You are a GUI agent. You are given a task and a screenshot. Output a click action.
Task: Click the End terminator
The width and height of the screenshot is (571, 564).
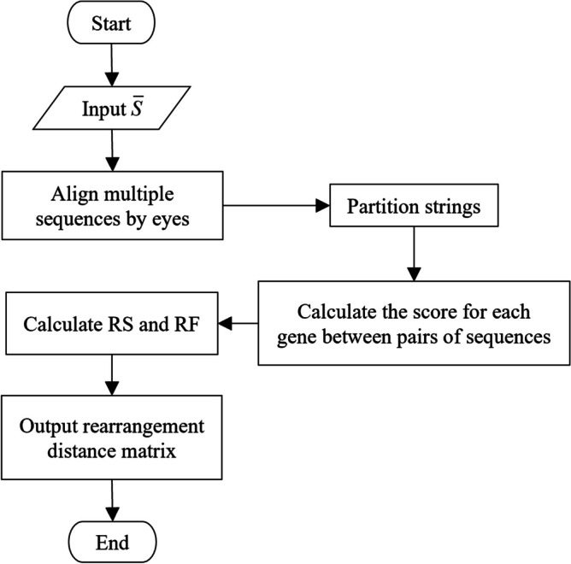112,541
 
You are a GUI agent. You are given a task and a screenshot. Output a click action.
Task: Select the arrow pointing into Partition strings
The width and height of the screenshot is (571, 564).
281,206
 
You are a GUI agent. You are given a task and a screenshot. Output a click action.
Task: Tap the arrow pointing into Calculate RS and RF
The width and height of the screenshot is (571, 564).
239,324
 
